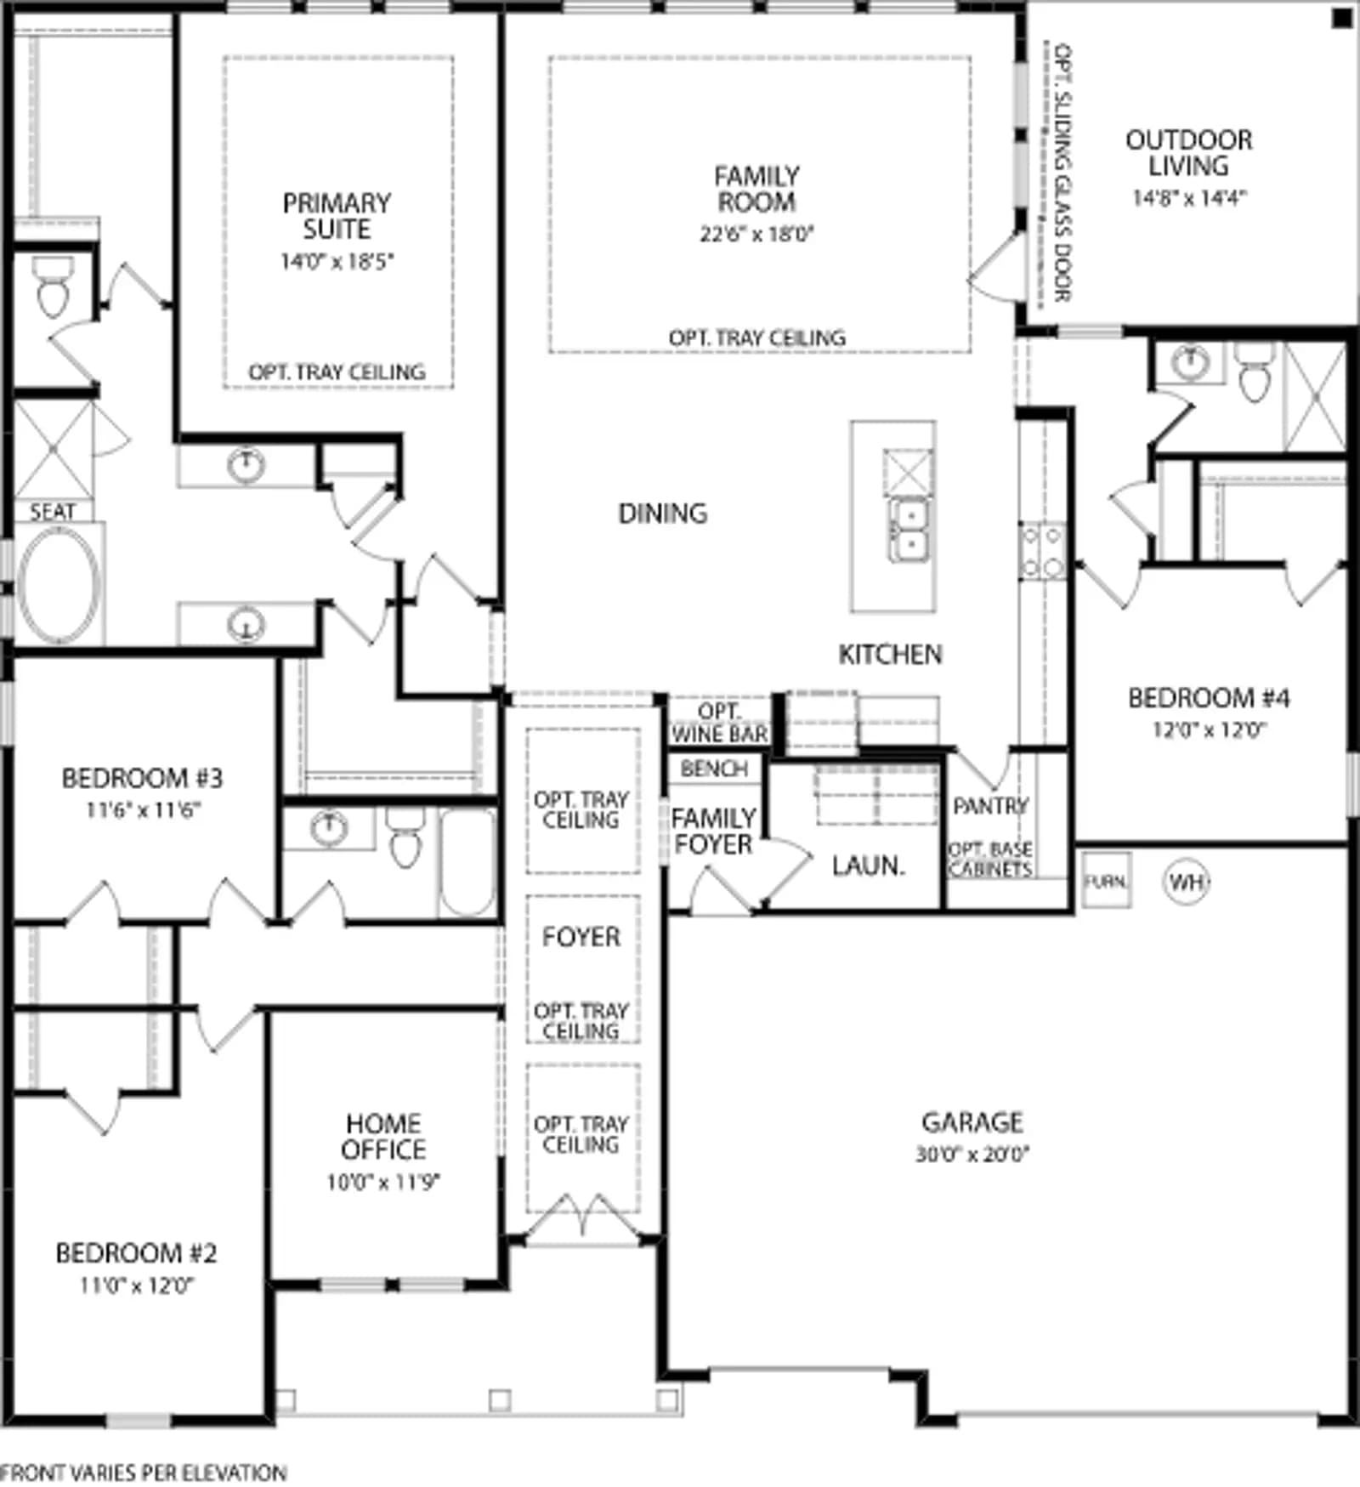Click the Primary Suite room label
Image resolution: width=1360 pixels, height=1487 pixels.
pyautogui.click(x=337, y=216)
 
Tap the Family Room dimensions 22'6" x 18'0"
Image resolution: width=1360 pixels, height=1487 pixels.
pyautogui.click(x=756, y=234)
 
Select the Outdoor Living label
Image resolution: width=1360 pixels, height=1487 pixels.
pyautogui.click(x=1188, y=153)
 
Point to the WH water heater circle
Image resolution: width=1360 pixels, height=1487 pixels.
pyautogui.click(x=1186, y=882)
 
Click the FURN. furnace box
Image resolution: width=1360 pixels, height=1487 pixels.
pyautogui.click(x=1106, y=881)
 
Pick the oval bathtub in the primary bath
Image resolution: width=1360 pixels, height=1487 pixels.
pyautogui.click(x=59, y=584)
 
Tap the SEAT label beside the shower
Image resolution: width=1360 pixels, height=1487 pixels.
pyautogui.click(x=53, y=512)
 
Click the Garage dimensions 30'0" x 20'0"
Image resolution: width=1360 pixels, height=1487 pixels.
pyautogui.click(x=972, y=1155)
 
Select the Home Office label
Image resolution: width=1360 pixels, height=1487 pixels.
pyautogui.click(x=383, y=1137)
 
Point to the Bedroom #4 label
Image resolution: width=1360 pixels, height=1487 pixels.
pyautogui.click(x=1208, y=698)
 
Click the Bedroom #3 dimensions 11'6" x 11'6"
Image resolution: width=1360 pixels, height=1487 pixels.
pyautogui.click(x=143, y=810)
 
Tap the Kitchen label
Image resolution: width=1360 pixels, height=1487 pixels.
pyautogui.click(x=890, y=655)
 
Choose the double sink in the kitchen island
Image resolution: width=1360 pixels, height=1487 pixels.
pyautogui.click(x=909, y=529)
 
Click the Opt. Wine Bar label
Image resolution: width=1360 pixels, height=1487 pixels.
pyautogui.click(x=719, y=723)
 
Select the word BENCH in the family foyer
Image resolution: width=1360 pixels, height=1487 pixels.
pyautogui.click(x=714, y=769)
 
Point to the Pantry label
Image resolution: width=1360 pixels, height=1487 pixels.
pyautogui.click(x=990, y=805)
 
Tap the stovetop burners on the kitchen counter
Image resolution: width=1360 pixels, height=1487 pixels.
pyautogui.click(x=1043, y=551)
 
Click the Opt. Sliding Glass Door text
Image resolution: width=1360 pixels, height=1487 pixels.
pyautogui.click(x=1062, y=173)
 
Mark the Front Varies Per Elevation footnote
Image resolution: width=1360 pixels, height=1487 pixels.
pyautogui.click(x=143, y=1472)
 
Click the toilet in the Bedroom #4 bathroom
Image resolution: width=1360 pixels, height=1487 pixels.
pyautogui.click(x=1255, y=371)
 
